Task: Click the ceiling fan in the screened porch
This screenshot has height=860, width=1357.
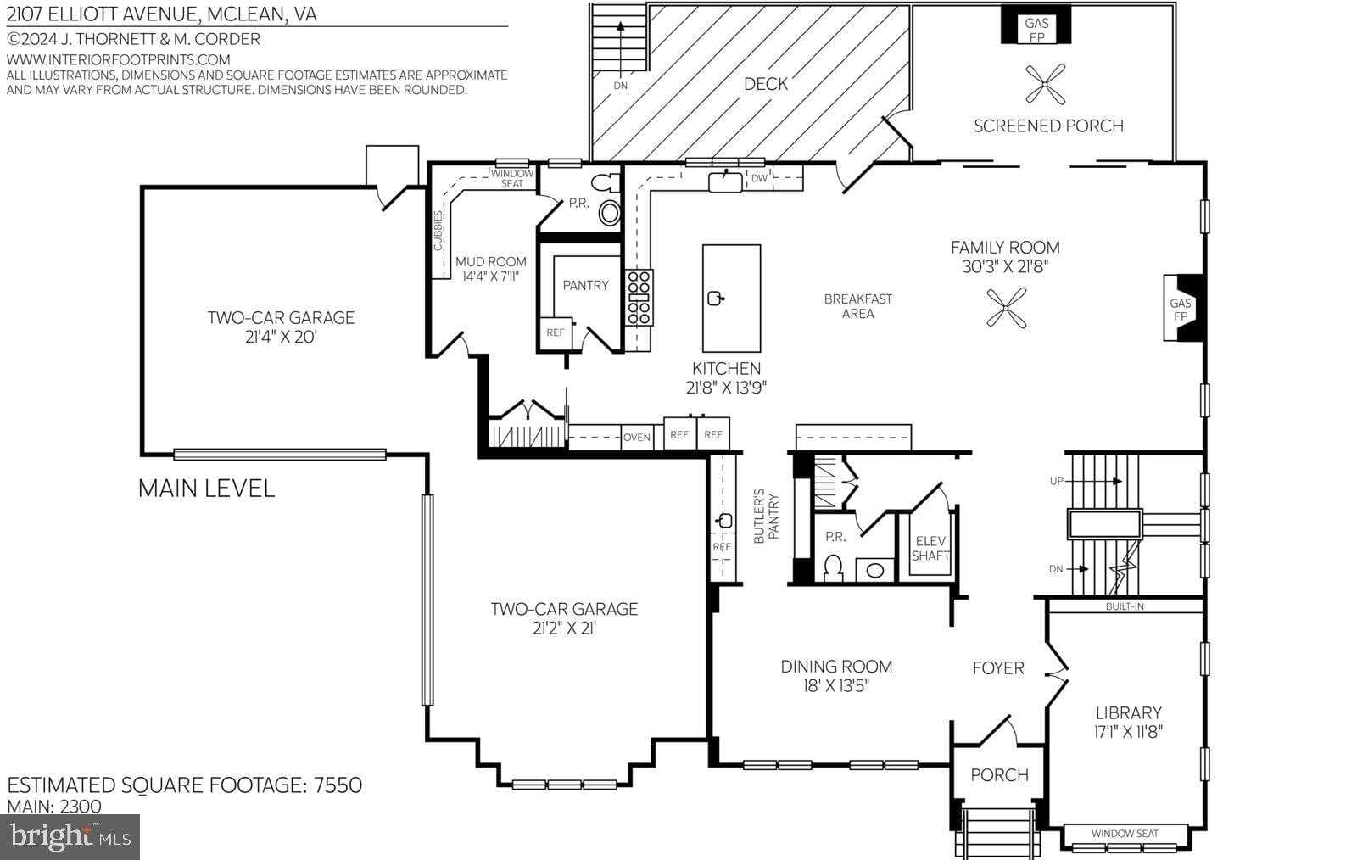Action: [x=1045, y=83]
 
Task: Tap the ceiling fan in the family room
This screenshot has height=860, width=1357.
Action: [x=1007, y=308]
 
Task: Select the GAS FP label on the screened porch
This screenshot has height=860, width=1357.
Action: [x=1036, y=30]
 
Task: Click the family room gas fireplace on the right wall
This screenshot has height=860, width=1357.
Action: [x=1182, y=309]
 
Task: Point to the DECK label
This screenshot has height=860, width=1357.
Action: [x=765, y=84]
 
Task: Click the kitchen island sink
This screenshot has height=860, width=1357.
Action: [x=715, y=298]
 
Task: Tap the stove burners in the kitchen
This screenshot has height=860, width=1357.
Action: [x=639, y=297]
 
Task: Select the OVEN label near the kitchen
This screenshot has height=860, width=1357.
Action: [x=637, y=438]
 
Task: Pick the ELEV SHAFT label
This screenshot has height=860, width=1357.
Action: [x=930, y=548]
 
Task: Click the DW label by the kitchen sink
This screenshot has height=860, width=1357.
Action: [x=758, y=178]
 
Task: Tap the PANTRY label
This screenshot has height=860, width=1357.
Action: [x=585, y=285]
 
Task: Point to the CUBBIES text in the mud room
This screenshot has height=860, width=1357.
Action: [x=438, y=231]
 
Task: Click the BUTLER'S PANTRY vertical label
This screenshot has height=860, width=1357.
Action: [x=766, y=516]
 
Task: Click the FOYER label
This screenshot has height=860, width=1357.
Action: [x=998, y=668]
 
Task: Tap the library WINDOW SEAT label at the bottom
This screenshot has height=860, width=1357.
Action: [x=1125, y=834]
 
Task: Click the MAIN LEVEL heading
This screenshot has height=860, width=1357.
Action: [x=206, y=489]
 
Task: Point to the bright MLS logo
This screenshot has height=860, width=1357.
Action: [x=70, y=837]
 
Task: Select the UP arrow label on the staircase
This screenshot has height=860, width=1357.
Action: [x=1056, y=481]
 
